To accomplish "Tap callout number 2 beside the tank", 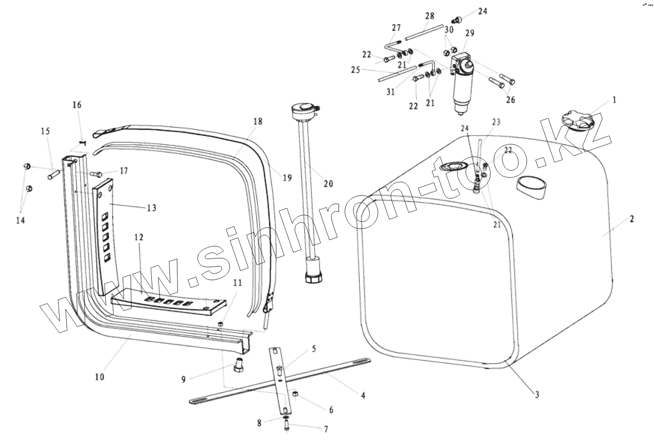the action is coord(632,219).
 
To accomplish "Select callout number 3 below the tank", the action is coord(537,395).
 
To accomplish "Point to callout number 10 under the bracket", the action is coord(100,377).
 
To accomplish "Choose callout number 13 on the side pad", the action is coord(152,207).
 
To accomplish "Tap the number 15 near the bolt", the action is coord(45,131).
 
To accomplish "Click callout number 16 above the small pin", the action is coord(77,105).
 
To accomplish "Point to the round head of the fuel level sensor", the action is coord(304,108).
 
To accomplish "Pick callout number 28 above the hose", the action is coord(429,16).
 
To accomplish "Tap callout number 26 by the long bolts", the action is coord(510,100).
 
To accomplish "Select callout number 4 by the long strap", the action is coord(363,395).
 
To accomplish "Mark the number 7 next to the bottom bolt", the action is coord(326,429).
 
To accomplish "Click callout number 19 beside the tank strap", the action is coord(287,178).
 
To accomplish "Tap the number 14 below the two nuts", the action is coord(20,220).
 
